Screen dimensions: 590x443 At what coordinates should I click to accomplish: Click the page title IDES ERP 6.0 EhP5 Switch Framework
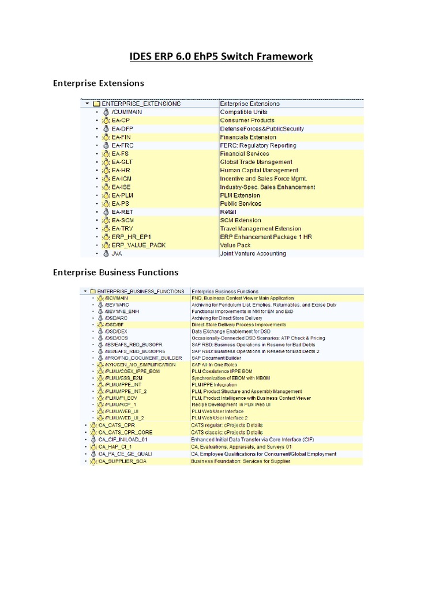(x=221, y=56)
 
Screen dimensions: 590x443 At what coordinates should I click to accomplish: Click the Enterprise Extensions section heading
(x=98, y=84)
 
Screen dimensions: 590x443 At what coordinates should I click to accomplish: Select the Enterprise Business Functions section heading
(x=115, y=272)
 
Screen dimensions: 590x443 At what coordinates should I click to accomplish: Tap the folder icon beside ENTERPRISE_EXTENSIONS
(x=96, y=104)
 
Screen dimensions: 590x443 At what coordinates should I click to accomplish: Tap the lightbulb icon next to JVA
(x=106, y=253)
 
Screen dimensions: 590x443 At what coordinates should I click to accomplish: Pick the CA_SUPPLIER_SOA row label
(x=123, y=462)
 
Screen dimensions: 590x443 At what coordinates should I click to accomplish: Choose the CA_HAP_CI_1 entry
(x=115, y=447)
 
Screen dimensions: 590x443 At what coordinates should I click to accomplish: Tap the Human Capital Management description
(x=259, y=171)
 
